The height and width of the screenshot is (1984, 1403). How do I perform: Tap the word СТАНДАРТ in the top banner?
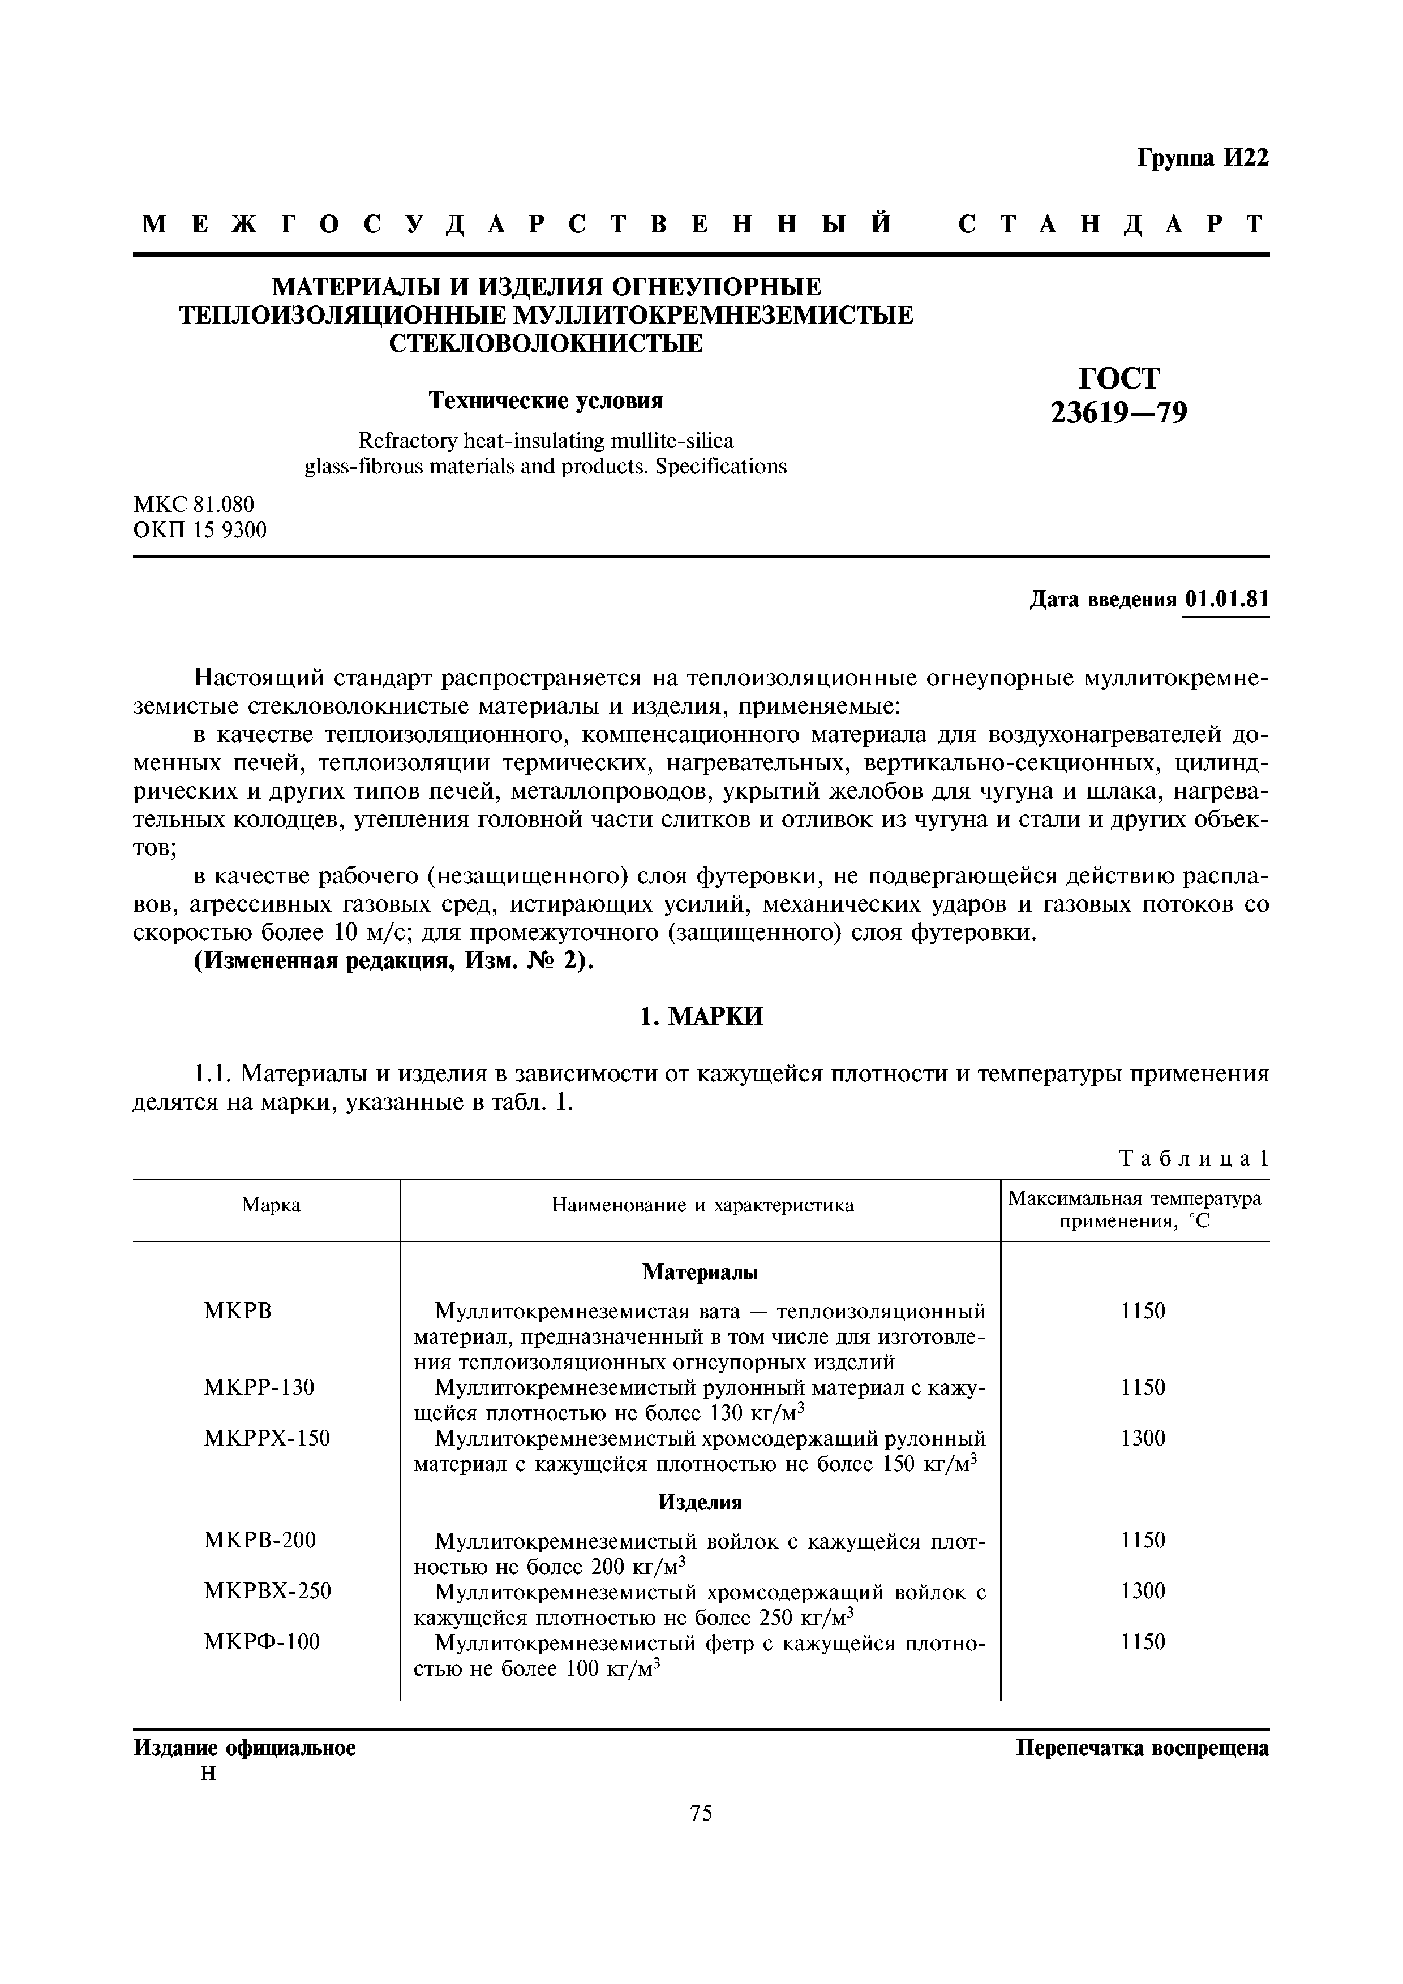pyautogui.click(x=1113, y=225)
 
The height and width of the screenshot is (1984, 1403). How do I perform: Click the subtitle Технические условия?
pyautogui.click(x=546, y=401)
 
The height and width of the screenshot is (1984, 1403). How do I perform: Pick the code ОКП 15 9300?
pyautogui.click(x=200, y=530)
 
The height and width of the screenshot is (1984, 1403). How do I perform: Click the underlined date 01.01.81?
pyautogui.click(x=1226, y=599)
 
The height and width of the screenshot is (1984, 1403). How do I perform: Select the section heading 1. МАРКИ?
pyautogui.click(x=701, y=1017)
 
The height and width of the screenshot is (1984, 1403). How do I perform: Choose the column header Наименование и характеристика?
pyautogui.click(x=702, y=1205)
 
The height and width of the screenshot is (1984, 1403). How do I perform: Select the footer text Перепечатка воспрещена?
pyautogui.click(x=1142, y=1749)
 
